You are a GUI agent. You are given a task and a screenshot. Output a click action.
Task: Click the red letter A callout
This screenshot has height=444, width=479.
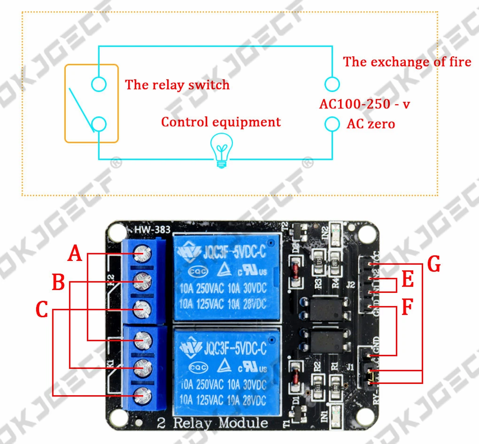coord(75,253)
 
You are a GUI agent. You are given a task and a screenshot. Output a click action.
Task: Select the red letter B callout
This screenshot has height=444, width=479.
coord(58,283)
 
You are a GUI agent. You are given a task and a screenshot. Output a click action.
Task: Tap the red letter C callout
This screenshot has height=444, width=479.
coord(42,310)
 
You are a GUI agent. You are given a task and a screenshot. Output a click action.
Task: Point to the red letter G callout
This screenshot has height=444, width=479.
coord(434,264)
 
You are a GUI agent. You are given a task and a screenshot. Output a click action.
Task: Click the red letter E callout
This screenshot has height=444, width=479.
coord(408,280)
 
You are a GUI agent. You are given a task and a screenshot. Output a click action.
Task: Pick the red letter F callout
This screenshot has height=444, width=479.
coord(408,308)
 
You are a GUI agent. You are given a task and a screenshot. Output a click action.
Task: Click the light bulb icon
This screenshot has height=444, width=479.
coord(221,150)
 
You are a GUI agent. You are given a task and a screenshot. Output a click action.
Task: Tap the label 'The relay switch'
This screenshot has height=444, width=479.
coord(177,85)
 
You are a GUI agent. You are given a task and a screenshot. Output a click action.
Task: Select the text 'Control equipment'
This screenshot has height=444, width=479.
coord(221,122)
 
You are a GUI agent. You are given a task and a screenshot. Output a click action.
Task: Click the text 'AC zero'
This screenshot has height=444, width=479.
coord(371,124)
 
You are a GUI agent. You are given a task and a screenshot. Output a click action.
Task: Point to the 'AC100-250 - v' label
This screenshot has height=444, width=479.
coord(364,104)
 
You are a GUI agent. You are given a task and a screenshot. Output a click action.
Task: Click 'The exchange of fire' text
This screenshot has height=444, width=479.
coord(407,62)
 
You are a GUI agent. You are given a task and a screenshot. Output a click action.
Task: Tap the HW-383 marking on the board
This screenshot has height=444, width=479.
coord(152,230)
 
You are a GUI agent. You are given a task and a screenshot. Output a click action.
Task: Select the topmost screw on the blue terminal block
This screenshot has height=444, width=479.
coord(142,254)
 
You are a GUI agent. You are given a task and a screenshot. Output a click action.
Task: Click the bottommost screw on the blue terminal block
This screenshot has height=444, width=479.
coord(142,395)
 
